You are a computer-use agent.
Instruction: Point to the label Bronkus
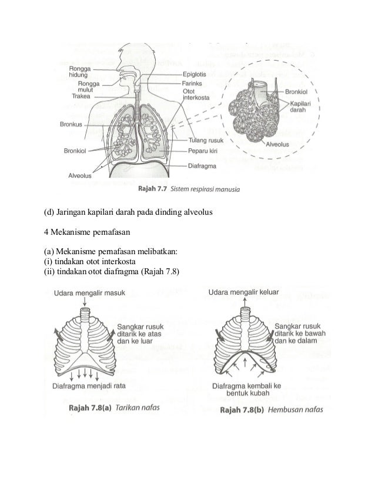pyautogui.click(x=71, y=124)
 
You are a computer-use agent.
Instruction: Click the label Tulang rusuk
pyautogui.click(x=205, y=140)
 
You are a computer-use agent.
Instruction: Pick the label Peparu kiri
pyautogui.click(x=203, y=151)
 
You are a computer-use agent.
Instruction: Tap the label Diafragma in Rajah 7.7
pyautogui.click(x=203, y=165)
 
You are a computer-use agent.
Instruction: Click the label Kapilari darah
pyautogui.click(x=299, y=105)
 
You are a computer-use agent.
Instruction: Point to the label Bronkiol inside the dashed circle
pyautogui.click(x=300, y=92)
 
